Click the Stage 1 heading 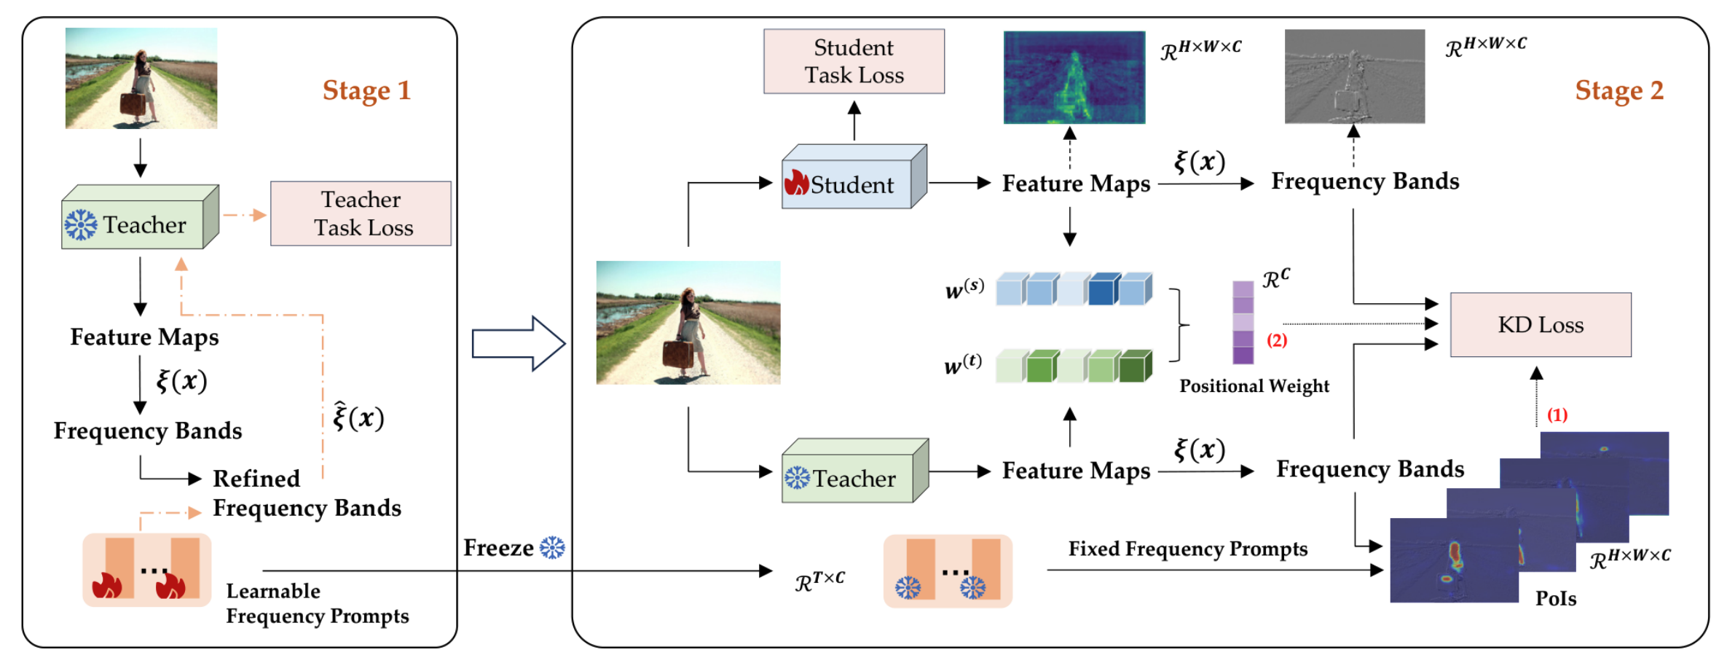click(366, 90)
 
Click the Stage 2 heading click(1618, 90)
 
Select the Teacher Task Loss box click(361, 213)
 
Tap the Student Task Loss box click(854, 61)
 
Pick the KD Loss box click(1541, 324)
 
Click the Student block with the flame click(854, 177)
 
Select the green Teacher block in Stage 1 click(140, 217)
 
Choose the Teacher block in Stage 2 click(854, 471)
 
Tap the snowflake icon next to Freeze click(552, 547)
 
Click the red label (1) click(1557, 415)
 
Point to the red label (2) click(1276, 340)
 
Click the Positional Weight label click(1254, 385)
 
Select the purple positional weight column click(1243, 323)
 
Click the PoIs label click(1556, 598)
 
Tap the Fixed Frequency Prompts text click(1187, 549)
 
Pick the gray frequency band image click(1354, 76)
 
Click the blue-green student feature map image click(1074, 77)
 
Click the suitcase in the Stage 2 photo click(677, 353)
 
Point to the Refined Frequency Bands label click(307, 493)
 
